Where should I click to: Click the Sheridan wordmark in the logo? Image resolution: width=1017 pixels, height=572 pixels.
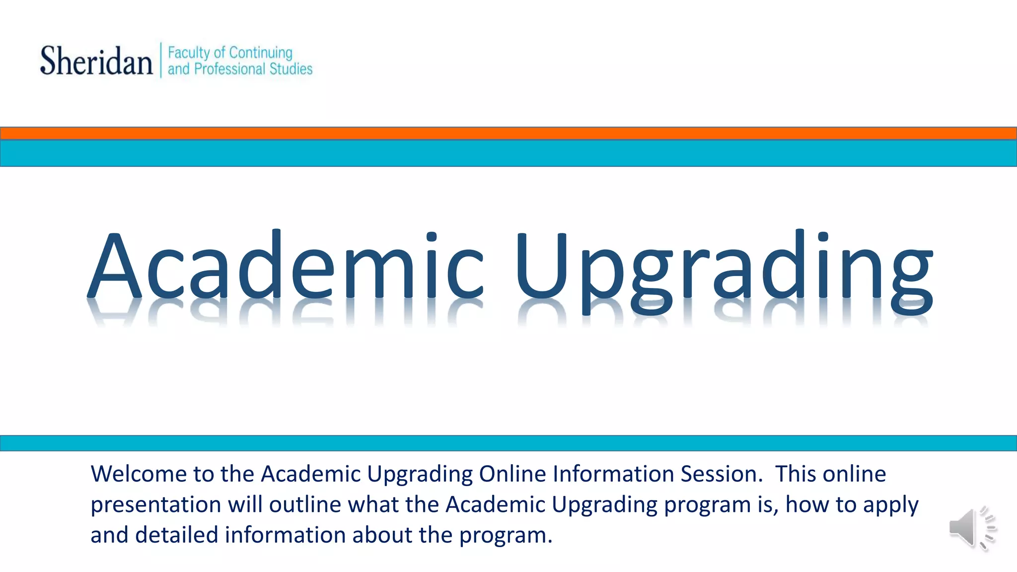pyautogui.click(x=96, y=61)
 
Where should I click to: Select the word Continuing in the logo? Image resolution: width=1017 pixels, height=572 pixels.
pyautogui.click(x=261, y=53)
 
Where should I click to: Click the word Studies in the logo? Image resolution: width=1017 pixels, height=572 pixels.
pyautogui.click(x=291, y=69)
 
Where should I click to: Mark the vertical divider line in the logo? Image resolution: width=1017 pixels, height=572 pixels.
pyautogui.click(x=161, y=60)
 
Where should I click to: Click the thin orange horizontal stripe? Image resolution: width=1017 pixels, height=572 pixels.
pyautogui.click(x=508, y=133)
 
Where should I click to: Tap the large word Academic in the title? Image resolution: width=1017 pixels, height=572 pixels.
pyautogui.click(x=286, y=266)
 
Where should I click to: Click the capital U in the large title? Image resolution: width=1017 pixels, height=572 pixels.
pyautogui.click(x=541, y=266)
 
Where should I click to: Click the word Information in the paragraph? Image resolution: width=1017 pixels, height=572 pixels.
pyautogui.click(x=613, y=474)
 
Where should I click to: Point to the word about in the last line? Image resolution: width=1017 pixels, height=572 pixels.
pyautogui.click(x=382, y=535)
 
